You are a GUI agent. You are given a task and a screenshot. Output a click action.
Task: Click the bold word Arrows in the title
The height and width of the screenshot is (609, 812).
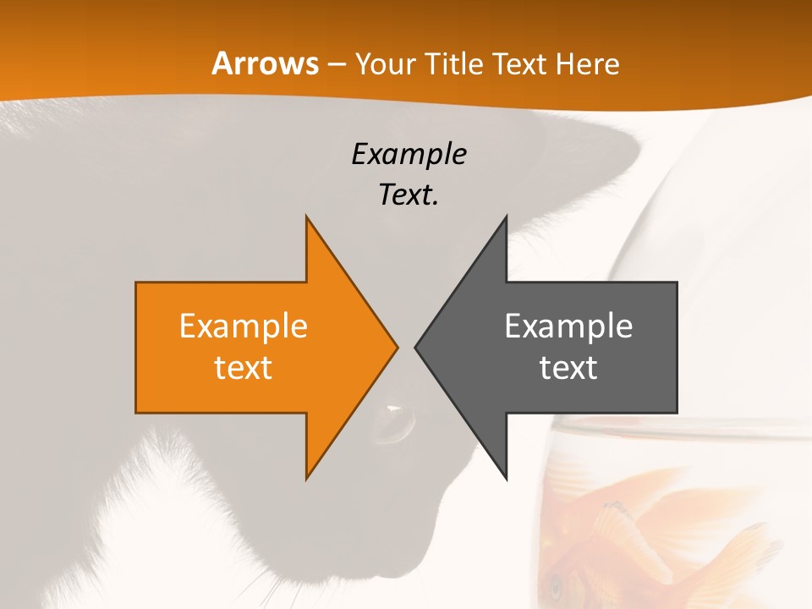(264, 64)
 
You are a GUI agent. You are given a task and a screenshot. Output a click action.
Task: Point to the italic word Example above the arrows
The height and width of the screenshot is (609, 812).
(409, 154)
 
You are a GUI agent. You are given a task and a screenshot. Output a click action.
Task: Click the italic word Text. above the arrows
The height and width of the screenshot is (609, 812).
(409, 195)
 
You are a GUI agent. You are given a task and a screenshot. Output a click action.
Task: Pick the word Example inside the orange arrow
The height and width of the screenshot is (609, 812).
(244, 326)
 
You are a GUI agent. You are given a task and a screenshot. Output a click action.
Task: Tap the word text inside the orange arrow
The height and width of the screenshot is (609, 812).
(244, 367)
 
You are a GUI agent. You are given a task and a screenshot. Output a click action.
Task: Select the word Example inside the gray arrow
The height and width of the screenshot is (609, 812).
(568, 326)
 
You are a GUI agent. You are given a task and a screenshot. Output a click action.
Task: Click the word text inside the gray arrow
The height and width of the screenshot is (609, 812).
(568, 367)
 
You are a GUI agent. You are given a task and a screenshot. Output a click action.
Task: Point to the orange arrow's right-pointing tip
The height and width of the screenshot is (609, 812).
(397, 347)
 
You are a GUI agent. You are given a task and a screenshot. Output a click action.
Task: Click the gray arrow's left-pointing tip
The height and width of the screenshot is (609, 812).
(415, 347)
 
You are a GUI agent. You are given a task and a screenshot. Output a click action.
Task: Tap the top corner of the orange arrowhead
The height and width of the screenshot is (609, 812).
(306, 217)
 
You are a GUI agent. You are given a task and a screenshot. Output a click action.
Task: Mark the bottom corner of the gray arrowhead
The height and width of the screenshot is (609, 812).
(506, 479)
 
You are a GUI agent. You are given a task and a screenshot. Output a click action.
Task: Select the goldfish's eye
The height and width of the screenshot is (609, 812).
(556, 584)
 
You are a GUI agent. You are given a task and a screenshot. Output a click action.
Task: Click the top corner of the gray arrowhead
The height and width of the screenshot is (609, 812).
(506, 217)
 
